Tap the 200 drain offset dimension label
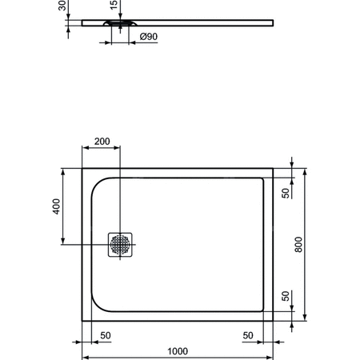point(102,142)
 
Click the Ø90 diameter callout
point(148,37)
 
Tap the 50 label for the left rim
point(105,335)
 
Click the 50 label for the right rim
point(249,335)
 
